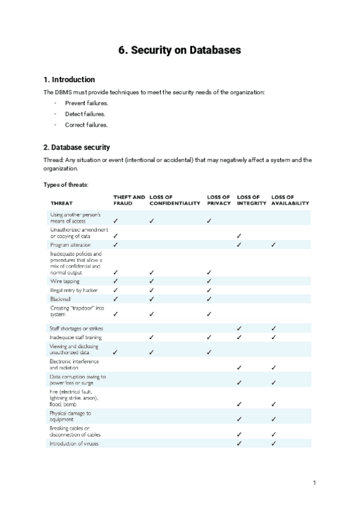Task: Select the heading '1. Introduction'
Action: pyautogui.click(x=69, y=80)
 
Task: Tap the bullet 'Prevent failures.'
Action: pyautogui.click(x=86, y=103)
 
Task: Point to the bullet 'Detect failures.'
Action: pyautogui.click(x=85, y=114)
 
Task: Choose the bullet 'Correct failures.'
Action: pyautogui.click(x=86, y=125)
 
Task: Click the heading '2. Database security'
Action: pyautogui.click(x=77, y=147)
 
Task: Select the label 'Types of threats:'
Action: pyautogui.click(x=66, y=184)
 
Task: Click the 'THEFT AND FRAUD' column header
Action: pyautogui.click(x=128, y=200)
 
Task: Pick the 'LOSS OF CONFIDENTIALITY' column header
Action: pyautogui.click(x=175, y=200)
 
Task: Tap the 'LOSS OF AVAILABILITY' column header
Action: pyautogui.click(x=290, y=200)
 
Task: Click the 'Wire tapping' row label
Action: pyautogui.click(x=65, y=281)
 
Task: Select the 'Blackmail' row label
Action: pyautogui.click(x=61, y=298)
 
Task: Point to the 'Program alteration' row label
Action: pyautogui.click(x=71, y=245)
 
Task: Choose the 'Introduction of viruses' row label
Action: pyautogui.click(x=74, y=444)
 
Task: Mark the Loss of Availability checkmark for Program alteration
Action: pyautogui.click(x=274, y=245)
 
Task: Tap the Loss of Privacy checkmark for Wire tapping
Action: pyautogui.click(x=209, y=281)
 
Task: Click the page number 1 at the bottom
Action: pyautogui.click(x=314, y=482)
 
